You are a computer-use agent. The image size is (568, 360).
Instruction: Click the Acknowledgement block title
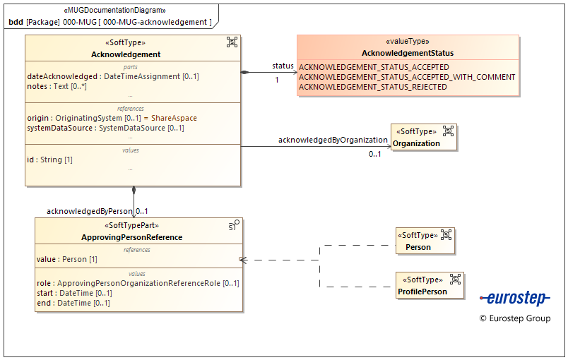pos(126,54)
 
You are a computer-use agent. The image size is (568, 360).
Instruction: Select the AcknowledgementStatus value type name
pos(408,53)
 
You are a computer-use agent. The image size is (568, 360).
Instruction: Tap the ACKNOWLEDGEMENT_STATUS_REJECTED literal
pos(373,87)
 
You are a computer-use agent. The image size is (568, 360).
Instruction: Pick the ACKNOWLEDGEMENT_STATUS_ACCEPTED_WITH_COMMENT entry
pos(407,77)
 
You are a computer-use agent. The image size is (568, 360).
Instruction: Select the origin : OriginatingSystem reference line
pos(112,118)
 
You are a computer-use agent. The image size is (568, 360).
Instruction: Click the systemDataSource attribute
pos(106,128)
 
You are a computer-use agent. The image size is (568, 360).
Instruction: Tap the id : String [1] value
pos(50,160)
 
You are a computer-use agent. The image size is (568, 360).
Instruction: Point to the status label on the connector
pos(283,66)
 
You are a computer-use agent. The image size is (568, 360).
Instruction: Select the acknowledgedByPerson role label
pos(89,211)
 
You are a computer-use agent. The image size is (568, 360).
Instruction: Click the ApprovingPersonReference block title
pos(131,237)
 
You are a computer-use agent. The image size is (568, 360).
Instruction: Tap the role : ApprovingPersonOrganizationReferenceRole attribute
pos(138,283)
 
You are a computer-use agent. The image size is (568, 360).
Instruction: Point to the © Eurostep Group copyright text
pos(514,318)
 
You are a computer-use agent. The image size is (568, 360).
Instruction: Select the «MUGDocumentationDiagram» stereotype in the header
pos(115,10)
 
